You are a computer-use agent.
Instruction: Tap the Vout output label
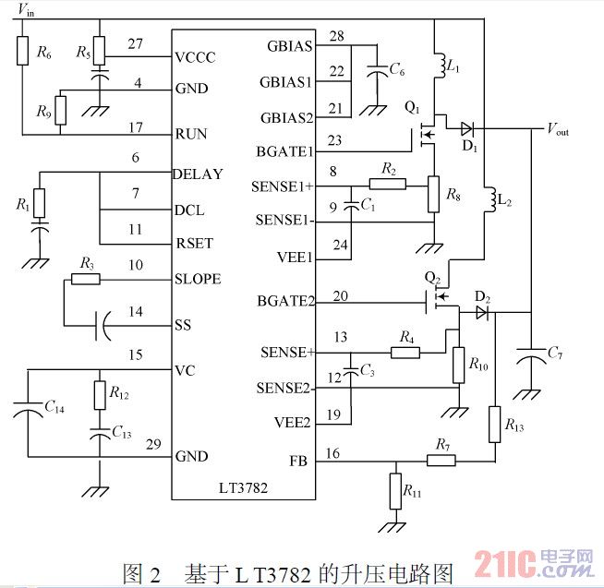(x=558, y=129)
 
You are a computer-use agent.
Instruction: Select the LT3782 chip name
(x=243, y=488)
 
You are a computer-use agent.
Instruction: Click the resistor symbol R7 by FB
(x=441, y=459)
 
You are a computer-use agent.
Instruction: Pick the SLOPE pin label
(x=198, y=279)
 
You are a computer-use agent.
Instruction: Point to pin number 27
(x=136, y=43)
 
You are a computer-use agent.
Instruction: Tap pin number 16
(x=333, y=452)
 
